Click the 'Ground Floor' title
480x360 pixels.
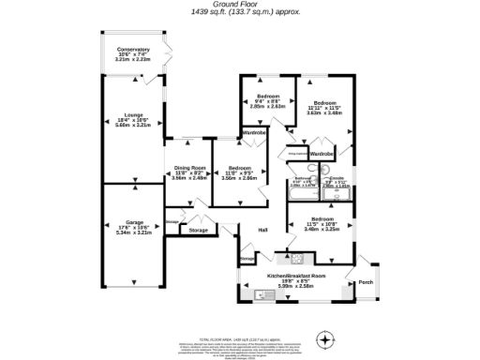(x=239, y=4)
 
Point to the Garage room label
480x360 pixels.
(x=132, y=222)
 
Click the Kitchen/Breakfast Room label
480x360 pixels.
(x=296, y=276)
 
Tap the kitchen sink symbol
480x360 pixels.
(x=263, y=296)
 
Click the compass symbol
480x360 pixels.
(x=324, y=338)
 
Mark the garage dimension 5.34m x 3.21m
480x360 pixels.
(x=132, y=232)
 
